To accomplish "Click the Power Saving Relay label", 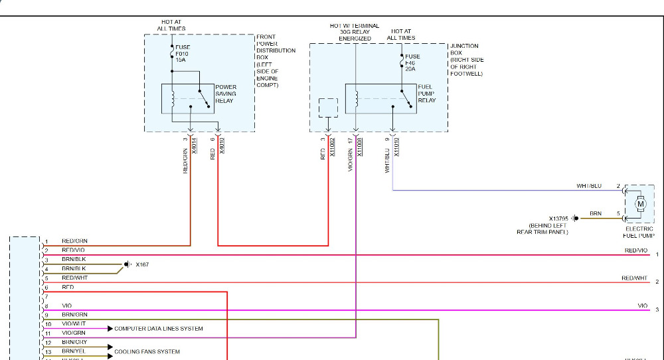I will (x=226, y=94).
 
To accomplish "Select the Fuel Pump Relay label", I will (x=426, y=94).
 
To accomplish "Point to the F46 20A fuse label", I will (x=412, y=62).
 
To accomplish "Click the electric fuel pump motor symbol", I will (x=640, y=204).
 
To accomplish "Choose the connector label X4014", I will (x=195, y=145).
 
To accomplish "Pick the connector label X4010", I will (x=222, y=145).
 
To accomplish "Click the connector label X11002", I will (x=332, y=147).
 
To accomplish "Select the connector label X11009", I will (x=360, y=147).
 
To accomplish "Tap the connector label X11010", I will (x=396, y=147).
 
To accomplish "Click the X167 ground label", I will (x=142, y=264).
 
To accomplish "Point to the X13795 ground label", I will (x=561, y=218).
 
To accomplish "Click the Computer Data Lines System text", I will (x=159, y=329).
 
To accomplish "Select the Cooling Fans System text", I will (x=147, y=351).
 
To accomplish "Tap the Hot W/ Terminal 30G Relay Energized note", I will (x=355, y=32).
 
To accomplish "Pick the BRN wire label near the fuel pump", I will (x=596, y=214).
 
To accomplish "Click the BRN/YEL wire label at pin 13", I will (x=74, y=351).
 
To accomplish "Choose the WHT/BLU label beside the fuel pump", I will (x=588, y=186).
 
